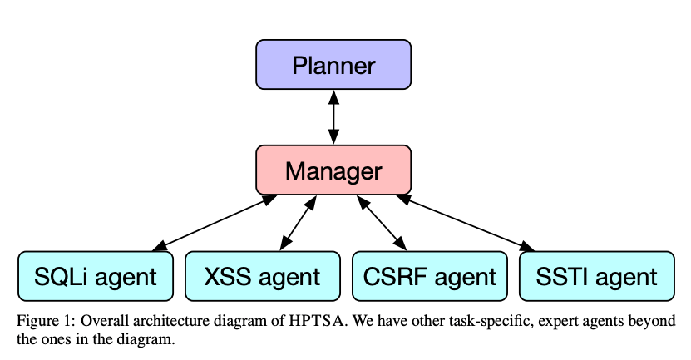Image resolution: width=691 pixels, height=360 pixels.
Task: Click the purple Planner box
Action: click(333, 65)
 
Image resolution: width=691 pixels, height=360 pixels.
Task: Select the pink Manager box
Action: click(333, 170)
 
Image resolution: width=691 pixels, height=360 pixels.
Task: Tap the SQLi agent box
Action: click(96, 276)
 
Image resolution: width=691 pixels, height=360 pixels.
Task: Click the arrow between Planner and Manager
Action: click(333, 118)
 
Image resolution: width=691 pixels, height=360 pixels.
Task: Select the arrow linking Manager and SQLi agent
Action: click(215, 223)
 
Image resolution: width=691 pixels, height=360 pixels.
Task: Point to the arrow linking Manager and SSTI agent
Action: click(466, 223)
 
